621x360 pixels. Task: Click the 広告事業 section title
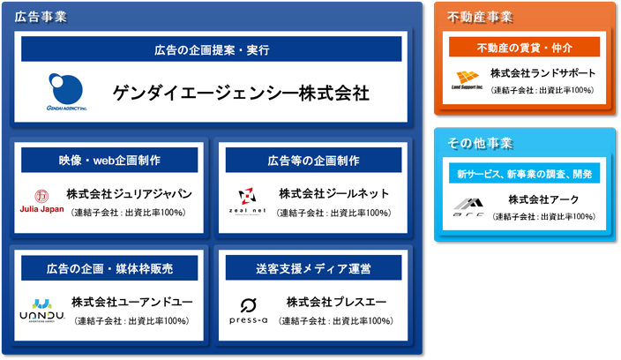41,17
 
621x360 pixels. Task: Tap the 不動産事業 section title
480,17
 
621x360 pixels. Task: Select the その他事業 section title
480,143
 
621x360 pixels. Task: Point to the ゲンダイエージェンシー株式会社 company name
241,94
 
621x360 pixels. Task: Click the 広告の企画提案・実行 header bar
212,49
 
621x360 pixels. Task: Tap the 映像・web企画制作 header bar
109,160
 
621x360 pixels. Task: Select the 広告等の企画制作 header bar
313,160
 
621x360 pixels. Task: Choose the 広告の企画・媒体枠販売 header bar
109,268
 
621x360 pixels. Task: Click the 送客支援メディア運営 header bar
313,268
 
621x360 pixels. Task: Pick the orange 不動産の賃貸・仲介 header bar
524,47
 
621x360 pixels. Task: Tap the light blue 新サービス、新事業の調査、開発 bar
524,174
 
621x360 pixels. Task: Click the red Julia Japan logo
41,201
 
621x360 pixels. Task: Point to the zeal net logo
247,201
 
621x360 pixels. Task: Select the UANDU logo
42,311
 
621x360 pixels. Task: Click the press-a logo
249,311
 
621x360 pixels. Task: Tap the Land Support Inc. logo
468,79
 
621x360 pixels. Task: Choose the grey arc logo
468,207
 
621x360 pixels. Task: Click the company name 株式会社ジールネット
333,193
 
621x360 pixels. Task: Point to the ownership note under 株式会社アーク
543,216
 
